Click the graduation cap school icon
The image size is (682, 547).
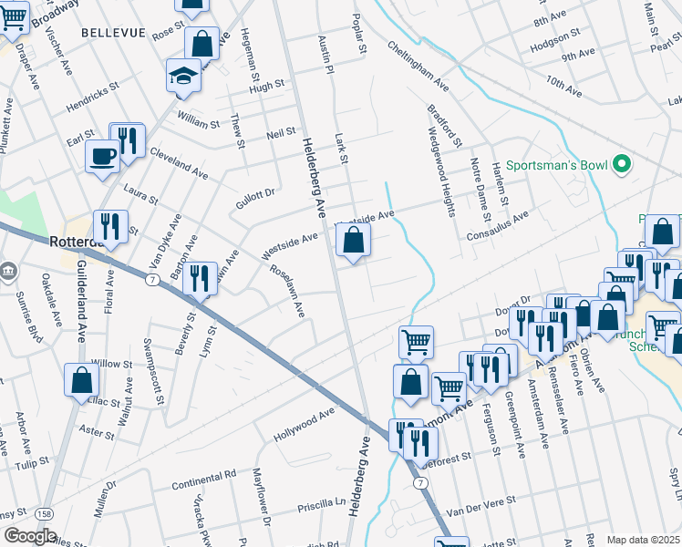(184, 77)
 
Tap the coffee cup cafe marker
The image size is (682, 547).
(103, 155)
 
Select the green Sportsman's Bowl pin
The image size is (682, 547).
(622, 164)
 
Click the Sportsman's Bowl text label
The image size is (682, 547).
(558, 165)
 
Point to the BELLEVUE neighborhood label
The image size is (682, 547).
(113, 32)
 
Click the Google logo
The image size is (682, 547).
(30, 536)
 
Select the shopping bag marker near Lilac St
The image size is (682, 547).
(81, 380)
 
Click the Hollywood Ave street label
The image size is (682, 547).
(305, 426)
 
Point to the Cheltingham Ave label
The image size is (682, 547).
(418, 66)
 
